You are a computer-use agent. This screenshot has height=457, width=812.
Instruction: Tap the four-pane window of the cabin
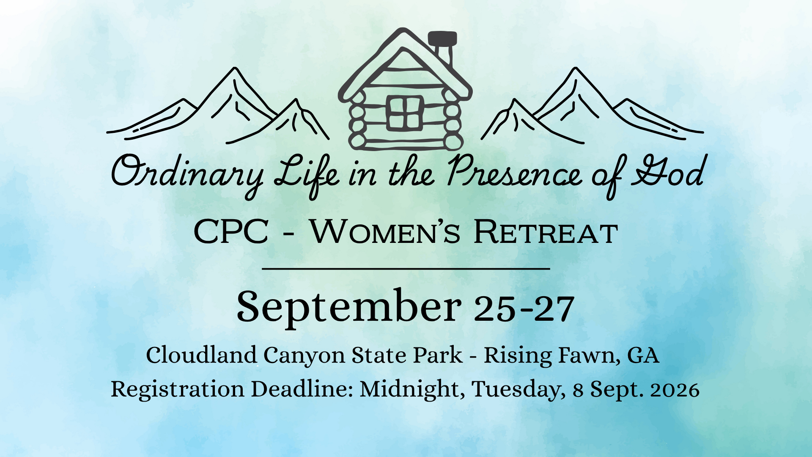tap(405, 113)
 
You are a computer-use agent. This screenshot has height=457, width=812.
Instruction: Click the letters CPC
tap(231, 232)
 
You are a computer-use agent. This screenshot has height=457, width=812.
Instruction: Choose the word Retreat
tap(546, 232)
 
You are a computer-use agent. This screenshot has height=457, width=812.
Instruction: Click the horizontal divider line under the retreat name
tap(406, 269)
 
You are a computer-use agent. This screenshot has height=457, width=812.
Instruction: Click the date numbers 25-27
tap(524, 308)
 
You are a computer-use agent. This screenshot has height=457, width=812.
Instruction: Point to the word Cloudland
tap(201, 355)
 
